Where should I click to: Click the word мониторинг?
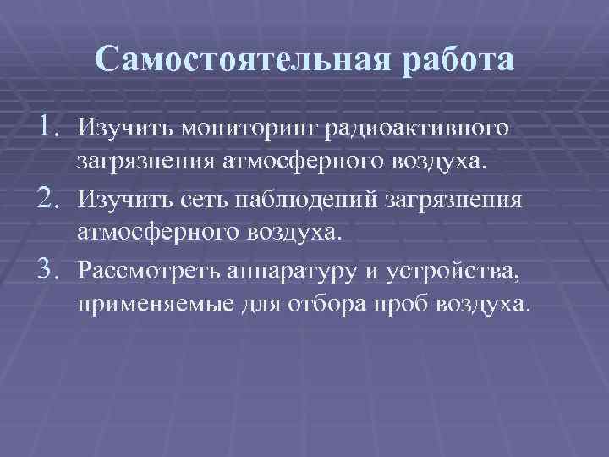coord(250,129)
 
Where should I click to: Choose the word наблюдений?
coord(295,201)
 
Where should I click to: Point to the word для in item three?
coord(245,303)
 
